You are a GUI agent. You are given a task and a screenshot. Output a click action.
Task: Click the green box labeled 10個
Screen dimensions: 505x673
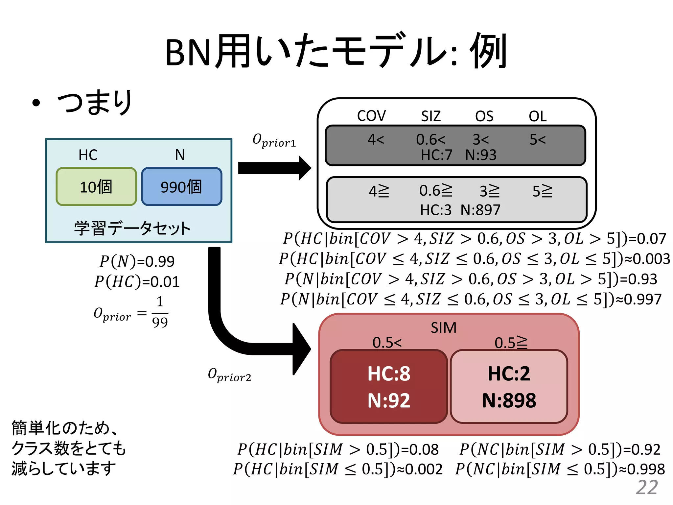pos(96,186)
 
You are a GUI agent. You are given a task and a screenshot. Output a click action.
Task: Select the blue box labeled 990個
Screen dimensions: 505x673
pos(181,186)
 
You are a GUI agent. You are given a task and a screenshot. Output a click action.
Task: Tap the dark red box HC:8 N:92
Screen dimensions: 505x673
pos(389,387)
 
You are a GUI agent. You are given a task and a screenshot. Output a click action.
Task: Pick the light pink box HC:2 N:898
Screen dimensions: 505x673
pos(509,387)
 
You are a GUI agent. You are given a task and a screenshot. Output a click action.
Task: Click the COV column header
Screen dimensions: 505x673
pos(371,116)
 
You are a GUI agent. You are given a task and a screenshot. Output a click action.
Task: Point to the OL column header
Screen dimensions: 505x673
pos(538,116)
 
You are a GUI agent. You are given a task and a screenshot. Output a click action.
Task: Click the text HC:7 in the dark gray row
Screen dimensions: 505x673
pos(437,155)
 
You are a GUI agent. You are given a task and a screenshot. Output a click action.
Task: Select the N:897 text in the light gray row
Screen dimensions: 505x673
pos(480,210)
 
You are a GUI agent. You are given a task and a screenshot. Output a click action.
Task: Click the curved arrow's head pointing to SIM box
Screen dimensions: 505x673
pos(301,349)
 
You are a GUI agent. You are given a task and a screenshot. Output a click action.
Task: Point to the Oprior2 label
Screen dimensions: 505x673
pos(229,375)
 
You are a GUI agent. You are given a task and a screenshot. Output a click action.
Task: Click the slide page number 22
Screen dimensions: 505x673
pos(647,487)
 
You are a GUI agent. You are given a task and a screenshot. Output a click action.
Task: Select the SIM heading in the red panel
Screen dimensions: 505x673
pos(444,328)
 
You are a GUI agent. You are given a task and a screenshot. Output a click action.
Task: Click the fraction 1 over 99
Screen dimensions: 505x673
pos(160,312)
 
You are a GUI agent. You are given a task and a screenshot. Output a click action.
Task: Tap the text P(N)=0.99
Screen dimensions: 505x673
pos(137,261)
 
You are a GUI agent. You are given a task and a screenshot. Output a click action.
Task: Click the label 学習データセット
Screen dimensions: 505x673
pos(132,228)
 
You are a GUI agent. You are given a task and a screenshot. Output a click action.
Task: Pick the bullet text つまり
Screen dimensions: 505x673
pos(95,102)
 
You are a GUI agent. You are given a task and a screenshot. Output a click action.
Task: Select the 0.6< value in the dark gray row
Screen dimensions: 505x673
pos(430,140)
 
